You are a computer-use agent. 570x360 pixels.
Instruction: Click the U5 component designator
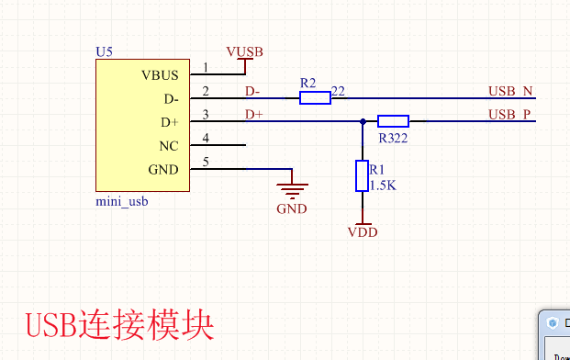pos(104,54)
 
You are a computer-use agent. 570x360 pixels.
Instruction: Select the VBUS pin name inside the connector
pos(160,74)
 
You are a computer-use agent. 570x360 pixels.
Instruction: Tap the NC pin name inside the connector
pos(168,145)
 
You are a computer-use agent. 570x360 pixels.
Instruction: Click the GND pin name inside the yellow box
pos(163,169)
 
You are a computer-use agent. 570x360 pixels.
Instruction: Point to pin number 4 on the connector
pos(206,139)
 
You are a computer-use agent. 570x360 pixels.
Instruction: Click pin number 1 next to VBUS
pos(206,67)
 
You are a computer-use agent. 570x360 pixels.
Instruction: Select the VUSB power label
pos(244,51)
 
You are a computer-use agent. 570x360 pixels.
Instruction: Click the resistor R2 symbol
pos(315,97)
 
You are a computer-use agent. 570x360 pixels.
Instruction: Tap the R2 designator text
pos(308,84)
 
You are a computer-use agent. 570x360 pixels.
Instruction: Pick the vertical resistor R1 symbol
pos(362,175)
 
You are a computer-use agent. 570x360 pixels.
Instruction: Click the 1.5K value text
pos(382,185)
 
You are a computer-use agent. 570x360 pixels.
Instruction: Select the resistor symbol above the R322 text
pos(393,121)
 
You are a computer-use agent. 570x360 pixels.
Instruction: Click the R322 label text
pos(393,138)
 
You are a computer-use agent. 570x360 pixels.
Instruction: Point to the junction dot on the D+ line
pos(363,121)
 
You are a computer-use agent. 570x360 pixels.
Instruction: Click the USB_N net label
pos(510,91)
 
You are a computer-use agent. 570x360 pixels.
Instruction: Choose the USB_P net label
pos(510,115)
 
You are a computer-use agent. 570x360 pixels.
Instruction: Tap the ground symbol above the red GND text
pos(293,189)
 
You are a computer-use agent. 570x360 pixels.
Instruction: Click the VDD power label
pos(363,232)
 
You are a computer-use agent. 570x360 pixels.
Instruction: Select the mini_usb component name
pos(122,201)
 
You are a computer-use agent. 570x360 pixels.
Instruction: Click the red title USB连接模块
pos(119,326)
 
